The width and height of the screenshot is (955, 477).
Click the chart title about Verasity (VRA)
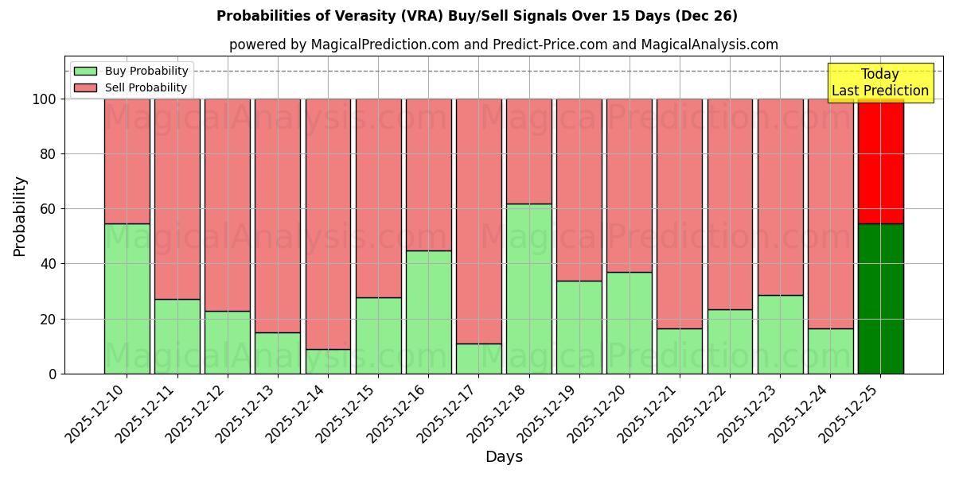point(477,16)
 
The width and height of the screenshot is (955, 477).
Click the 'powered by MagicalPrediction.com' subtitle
point(503,45)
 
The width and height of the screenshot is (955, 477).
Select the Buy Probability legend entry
point(131,71)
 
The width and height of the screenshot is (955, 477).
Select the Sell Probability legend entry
point(131,87)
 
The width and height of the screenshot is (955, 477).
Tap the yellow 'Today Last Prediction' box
point(879,83)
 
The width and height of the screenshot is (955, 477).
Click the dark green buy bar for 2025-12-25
point(880,298)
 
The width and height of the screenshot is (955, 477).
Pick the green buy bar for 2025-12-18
point(528,289)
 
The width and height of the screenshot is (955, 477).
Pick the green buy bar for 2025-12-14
point(328,361)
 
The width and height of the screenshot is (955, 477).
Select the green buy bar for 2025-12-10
point(127,298)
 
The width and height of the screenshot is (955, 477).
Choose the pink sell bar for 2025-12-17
point(478,221)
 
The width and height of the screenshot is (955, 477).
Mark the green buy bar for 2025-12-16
point(428,312)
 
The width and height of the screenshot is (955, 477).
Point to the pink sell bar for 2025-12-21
point(680,213)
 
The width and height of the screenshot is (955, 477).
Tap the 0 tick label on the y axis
point(53,374)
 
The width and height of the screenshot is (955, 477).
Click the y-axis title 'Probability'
point(20,215)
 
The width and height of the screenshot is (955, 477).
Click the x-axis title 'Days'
point(503,457)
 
